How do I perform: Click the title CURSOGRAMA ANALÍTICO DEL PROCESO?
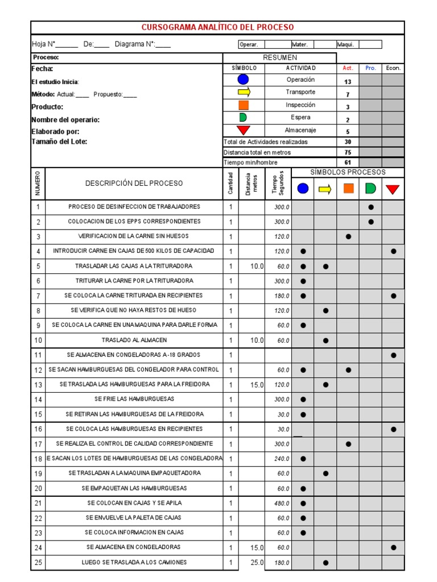click(217, 27)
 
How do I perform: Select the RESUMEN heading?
click(279, 57)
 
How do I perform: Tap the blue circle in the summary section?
click(243, 80)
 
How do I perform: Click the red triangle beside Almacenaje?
click(243, 130)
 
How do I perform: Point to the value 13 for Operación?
click(348, 82)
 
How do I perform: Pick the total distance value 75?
click(348, 152)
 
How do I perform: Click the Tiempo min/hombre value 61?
click(348, 163)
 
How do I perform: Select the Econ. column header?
click(393, 68)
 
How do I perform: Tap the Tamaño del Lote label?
click(59, 142)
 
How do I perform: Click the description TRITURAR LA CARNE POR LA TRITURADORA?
click(134, 281)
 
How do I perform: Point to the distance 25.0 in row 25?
click(257, 563)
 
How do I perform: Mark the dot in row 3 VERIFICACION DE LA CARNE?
click(348, 236)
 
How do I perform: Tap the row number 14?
click(38, 400)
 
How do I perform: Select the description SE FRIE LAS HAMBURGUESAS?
click(134, 399)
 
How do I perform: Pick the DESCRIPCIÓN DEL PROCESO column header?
click(134, 183)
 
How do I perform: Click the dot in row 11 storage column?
click(393, 355)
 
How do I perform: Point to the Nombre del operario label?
click(65, 120)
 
